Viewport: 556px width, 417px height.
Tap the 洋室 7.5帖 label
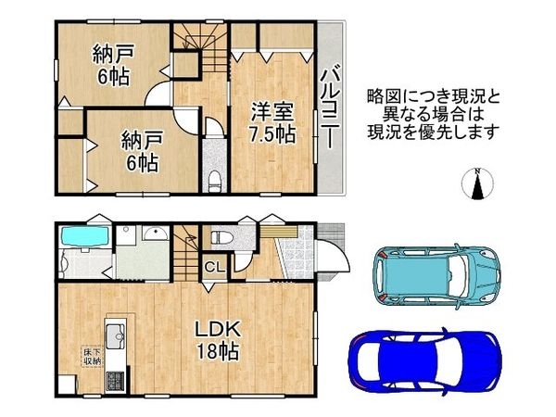[272, 123]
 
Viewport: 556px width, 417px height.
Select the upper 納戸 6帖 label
[113, 65]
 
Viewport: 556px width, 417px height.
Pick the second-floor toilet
[214, 180]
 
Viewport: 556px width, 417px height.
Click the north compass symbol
[477, 184]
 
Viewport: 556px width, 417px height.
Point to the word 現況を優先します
[433, 132]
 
